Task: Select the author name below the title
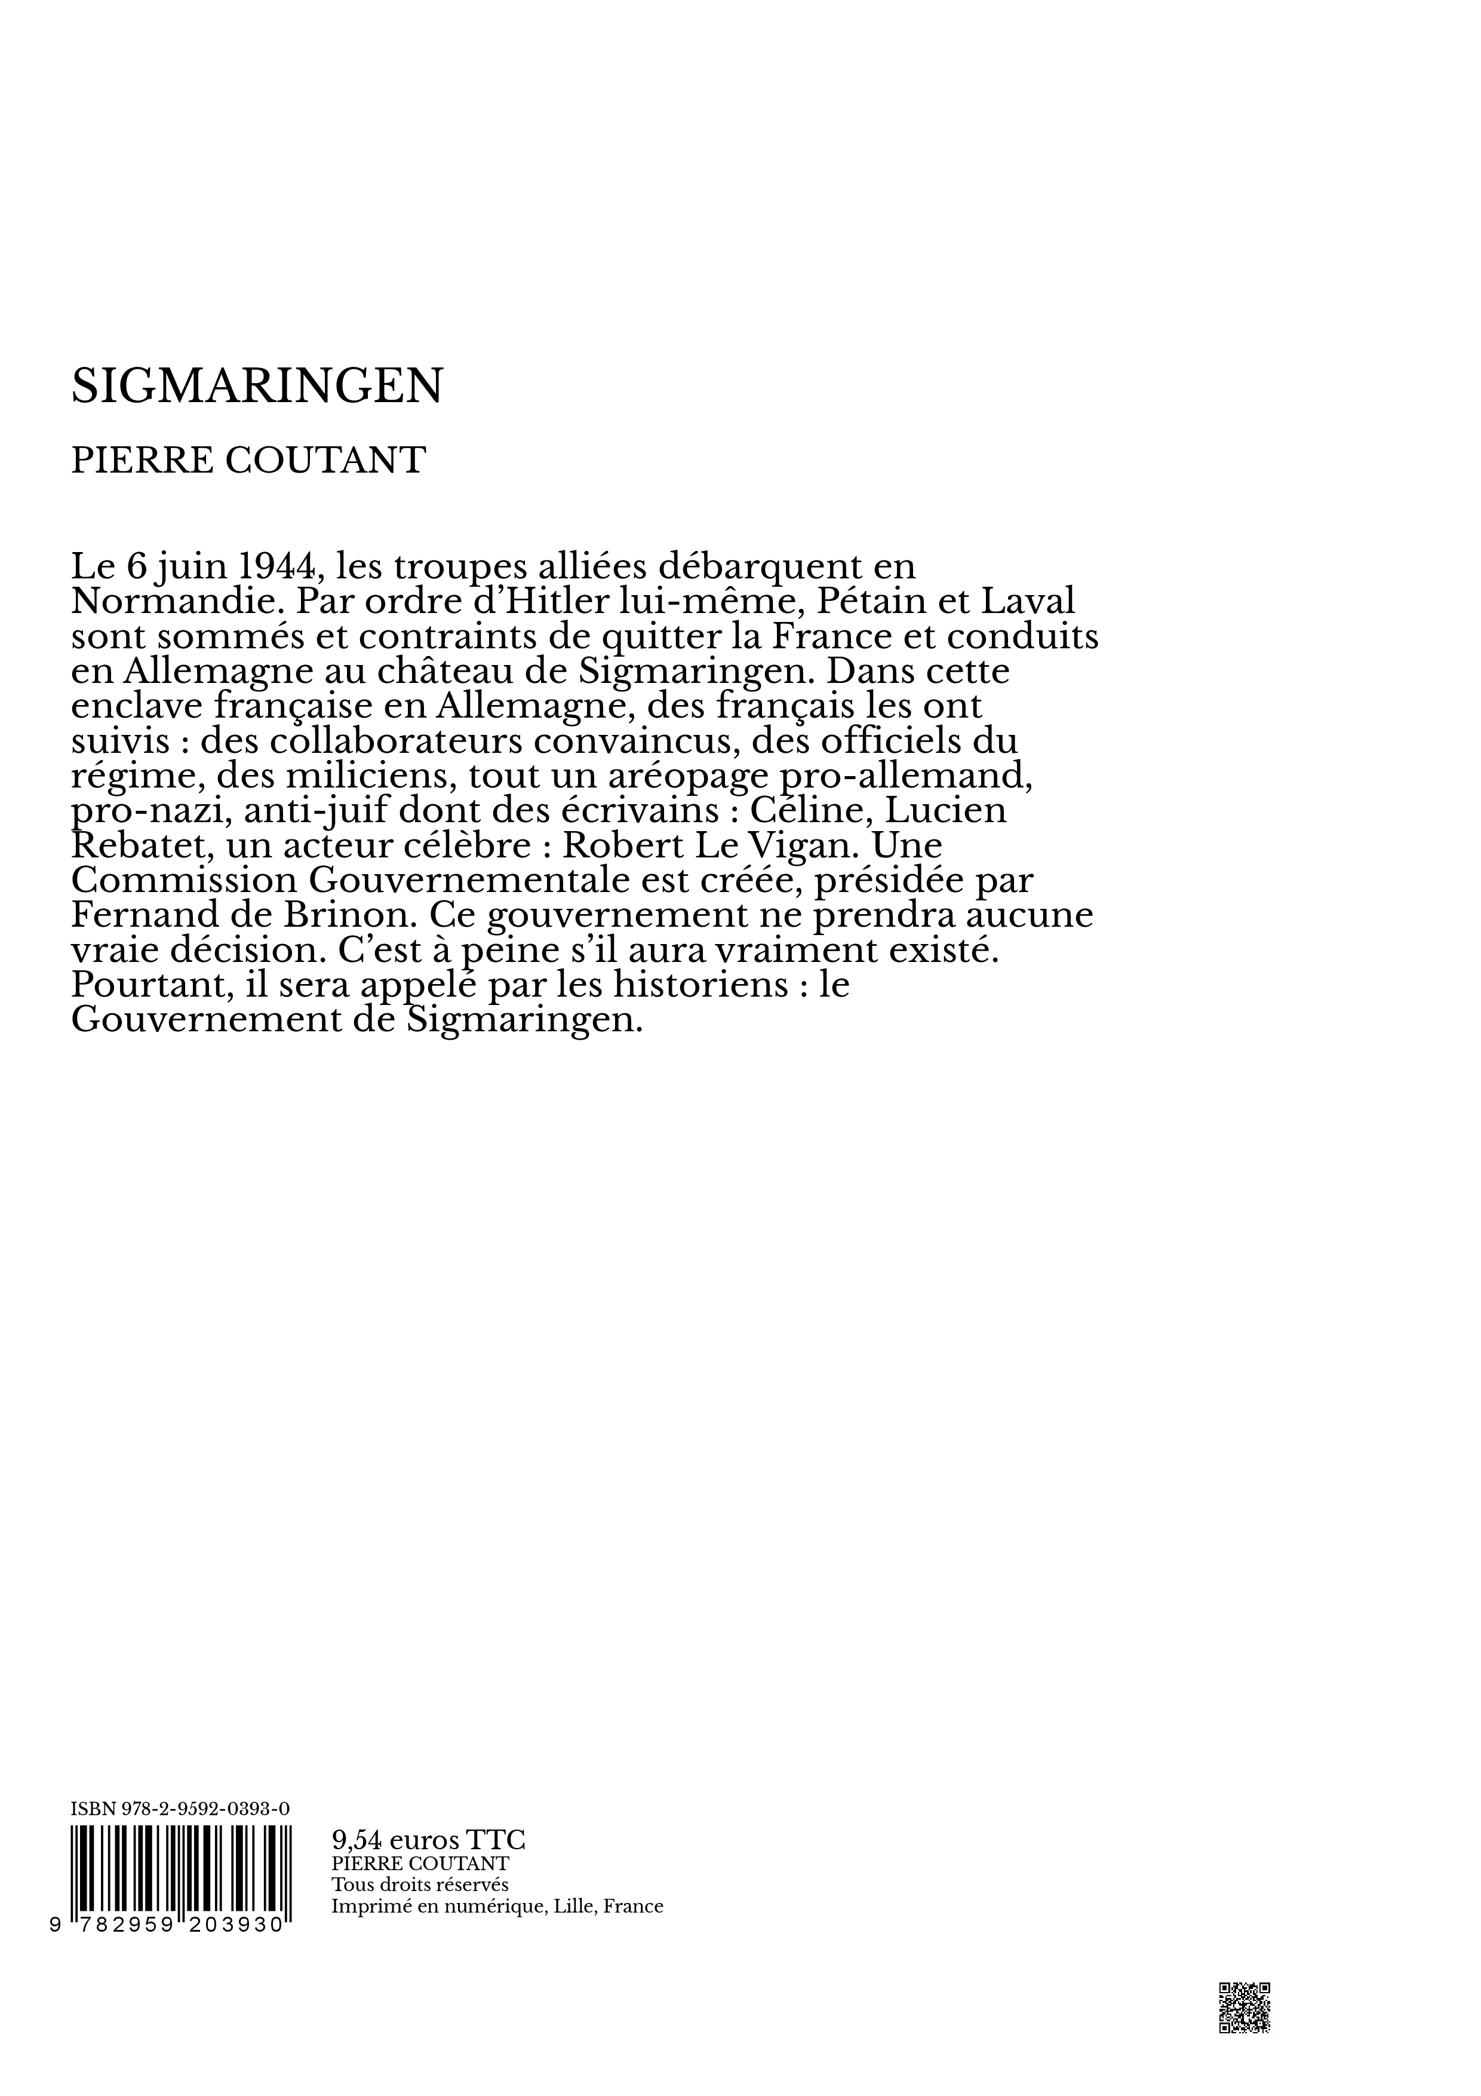tap(248, 461)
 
